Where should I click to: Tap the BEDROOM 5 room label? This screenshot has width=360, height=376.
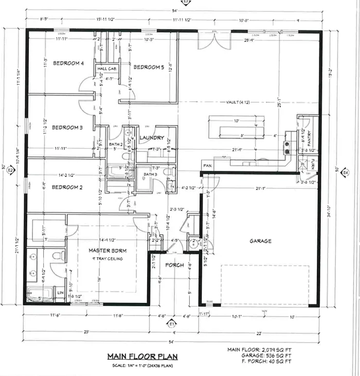(x=149, y=67)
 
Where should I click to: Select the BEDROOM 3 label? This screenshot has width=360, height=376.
(x=67, y=128)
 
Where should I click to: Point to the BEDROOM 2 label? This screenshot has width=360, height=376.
(x=67, y=187)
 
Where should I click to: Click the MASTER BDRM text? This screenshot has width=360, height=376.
(x=105, y=250)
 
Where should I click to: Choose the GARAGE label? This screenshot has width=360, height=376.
(x=260, y=241)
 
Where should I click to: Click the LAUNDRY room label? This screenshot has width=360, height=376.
(x=152, y=138)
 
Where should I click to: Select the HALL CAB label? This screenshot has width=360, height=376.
(x=106, y=68)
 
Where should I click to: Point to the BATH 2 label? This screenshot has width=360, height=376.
(x=116, y=145)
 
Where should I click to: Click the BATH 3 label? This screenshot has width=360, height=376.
(x=150, y=175)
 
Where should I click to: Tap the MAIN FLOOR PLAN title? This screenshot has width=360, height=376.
(x=135, y=356)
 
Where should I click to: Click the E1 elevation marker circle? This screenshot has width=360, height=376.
(x=172, y=324)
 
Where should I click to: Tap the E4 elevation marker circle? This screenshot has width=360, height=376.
(x=346, y=172)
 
